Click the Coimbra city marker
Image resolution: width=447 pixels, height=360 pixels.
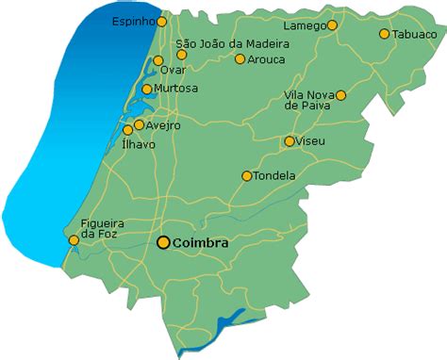(163, 242)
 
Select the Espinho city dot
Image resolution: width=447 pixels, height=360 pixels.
(162, 21)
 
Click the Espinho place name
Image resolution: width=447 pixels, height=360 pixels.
(133, 21)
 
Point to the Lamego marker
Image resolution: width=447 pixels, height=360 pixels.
(332, 25)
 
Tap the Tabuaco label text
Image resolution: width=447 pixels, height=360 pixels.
(415, 34)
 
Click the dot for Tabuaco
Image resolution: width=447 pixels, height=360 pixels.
(385, 34)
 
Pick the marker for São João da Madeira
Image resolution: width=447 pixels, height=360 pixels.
(181, 55)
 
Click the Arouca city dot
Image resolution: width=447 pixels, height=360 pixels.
(240, 59)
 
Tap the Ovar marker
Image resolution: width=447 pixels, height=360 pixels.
(157, 61)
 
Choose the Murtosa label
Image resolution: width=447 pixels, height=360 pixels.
(176, 89)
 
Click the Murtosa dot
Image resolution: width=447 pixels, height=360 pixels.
(146, 90)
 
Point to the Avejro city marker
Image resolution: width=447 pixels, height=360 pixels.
(139, 124)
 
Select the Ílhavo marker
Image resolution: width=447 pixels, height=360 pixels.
(128, 130)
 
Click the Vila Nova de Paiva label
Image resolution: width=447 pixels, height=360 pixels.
(308, 101)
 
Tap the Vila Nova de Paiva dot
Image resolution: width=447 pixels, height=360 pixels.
(340, 95)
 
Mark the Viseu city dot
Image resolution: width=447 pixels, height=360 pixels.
(290, 141)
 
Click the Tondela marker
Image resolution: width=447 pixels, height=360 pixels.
(246, 175)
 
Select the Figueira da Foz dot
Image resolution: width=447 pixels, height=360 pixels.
(74, 240)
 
